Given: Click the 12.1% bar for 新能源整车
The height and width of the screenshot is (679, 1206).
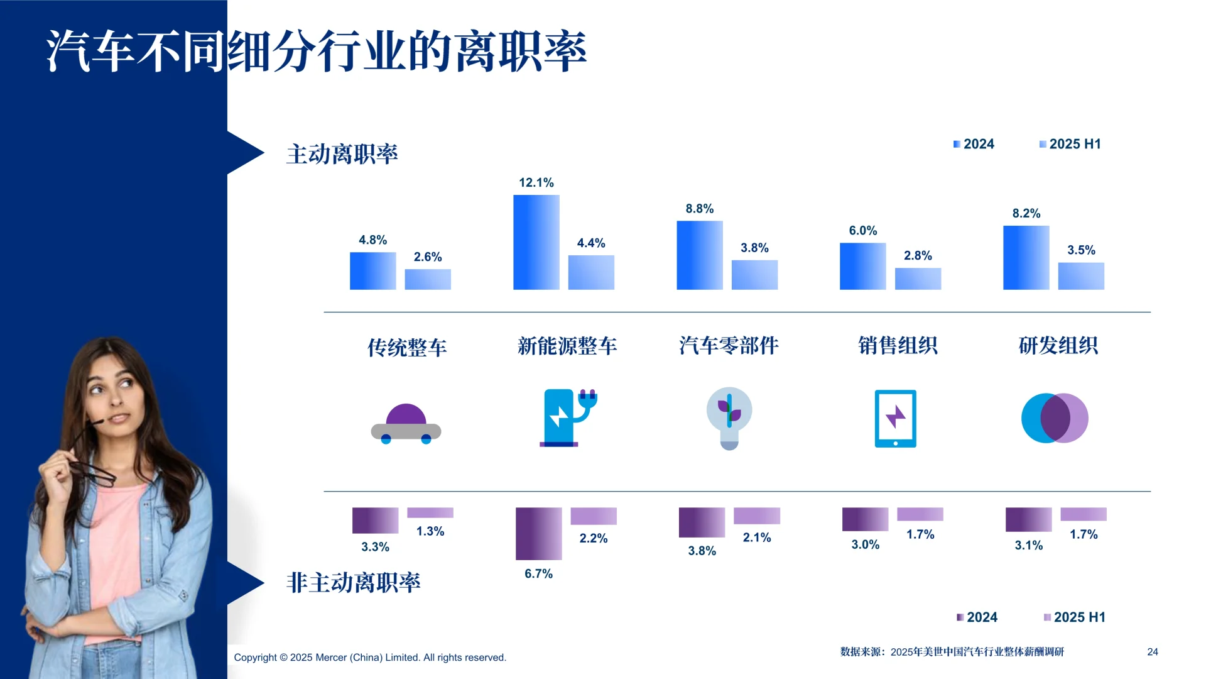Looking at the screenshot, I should [536, 242].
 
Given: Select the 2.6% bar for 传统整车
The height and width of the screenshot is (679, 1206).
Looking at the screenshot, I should [428, 279].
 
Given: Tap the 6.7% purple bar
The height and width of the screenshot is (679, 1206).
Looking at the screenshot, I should [538, 533].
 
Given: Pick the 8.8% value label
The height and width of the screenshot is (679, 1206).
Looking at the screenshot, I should [699, 209].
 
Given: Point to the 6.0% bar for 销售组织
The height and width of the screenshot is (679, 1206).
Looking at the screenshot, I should [862, 266].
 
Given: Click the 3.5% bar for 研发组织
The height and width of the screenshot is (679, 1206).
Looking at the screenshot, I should [1080, 276].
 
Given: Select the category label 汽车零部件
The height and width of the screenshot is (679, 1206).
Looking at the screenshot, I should [729, 345].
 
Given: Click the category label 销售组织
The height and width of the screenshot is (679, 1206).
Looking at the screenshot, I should [898, 345].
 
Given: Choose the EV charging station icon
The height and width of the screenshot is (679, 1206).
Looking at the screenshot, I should [567, 418].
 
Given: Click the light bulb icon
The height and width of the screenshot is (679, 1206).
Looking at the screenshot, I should [729, 418].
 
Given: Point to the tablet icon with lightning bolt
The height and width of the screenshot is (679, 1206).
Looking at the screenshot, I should [895, 419].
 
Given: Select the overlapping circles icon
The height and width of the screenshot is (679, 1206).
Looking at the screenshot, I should [1055, 418].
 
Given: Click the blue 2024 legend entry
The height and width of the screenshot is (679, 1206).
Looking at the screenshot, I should [974, 144].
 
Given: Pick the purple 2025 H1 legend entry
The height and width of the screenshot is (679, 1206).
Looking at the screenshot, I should [1074, 617].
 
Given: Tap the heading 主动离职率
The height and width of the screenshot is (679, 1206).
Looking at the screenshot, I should [342, 154].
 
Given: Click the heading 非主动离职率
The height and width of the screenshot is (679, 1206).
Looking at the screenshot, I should [353, 583].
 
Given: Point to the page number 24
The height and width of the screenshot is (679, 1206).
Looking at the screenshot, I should [1152, 652].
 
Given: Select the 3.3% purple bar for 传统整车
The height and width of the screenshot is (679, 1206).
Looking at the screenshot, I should [375, 520].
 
